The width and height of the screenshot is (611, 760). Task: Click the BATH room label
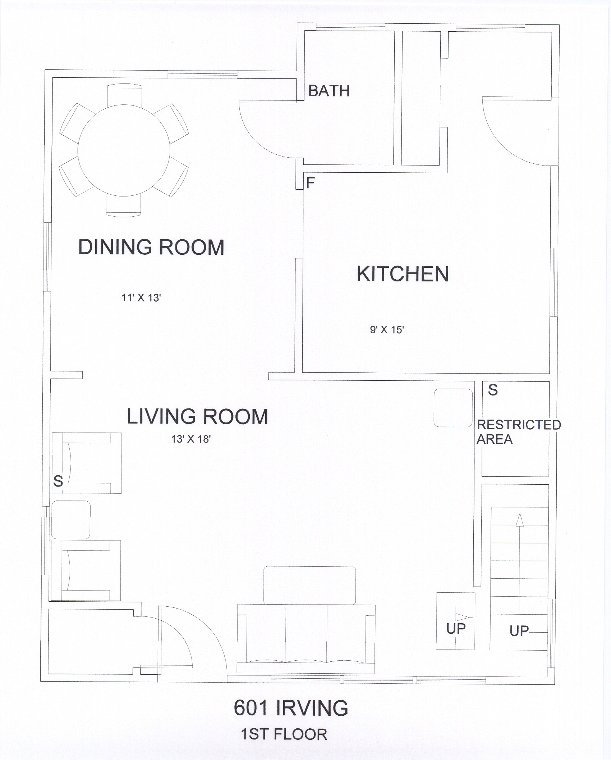(x=329, y=91)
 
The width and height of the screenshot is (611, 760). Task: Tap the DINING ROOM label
(x=151, y=247)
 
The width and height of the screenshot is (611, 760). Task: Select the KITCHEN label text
(x=403, y=274)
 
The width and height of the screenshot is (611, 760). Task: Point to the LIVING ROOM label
(x=197, y=416)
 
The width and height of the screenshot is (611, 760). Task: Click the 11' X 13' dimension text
(x=141, y=298)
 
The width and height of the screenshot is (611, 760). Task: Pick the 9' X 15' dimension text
(x=387, y=330)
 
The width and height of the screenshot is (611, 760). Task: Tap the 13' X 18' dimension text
(x=191, y=439)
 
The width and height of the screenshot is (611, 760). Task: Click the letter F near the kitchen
(x=310, y=183)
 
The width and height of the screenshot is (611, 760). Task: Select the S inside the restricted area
(x=493, y=390)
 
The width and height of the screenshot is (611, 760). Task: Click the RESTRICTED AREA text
(x=519, y=432)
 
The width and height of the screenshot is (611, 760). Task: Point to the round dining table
(x=124, y=150)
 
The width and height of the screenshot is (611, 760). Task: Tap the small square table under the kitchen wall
(x=453, y=408)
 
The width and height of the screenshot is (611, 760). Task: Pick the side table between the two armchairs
(x=70, y=520)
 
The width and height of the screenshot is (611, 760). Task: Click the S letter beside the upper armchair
(x=58, y=481)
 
